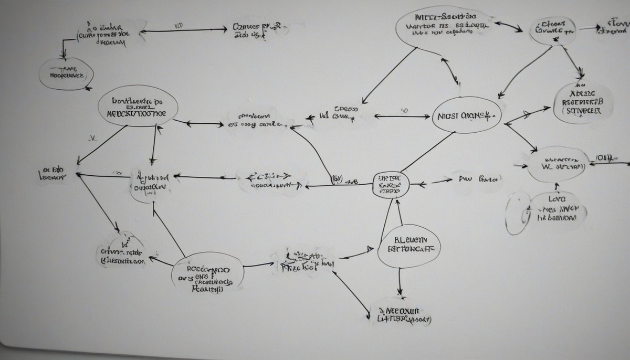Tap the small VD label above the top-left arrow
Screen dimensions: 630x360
[178, 24]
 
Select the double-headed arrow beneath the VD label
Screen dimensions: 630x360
[178, 31]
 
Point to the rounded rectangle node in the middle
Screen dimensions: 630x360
[390, 185]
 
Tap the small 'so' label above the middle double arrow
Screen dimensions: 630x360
[404, 111]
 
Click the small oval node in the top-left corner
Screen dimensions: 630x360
[66, 73]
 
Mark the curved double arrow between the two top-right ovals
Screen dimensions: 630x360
[508, 26]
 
